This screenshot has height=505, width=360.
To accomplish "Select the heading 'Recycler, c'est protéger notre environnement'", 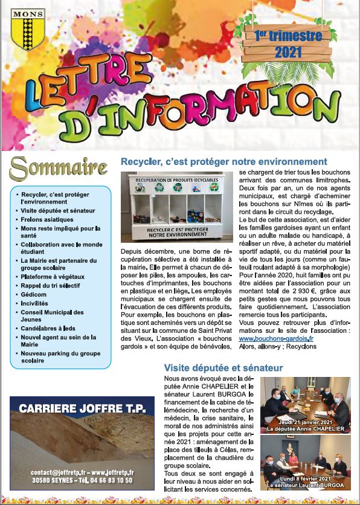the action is click(224, 162).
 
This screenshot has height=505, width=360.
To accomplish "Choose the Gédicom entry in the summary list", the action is click(34, 294).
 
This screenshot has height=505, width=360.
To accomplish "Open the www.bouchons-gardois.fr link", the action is click(274, 339).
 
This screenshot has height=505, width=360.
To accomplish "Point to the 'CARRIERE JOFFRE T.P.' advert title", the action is click(82, 408).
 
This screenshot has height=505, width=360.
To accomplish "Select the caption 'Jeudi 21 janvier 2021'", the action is click(305, 421).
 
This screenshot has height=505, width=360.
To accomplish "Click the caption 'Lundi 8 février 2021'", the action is click(306, 478).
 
